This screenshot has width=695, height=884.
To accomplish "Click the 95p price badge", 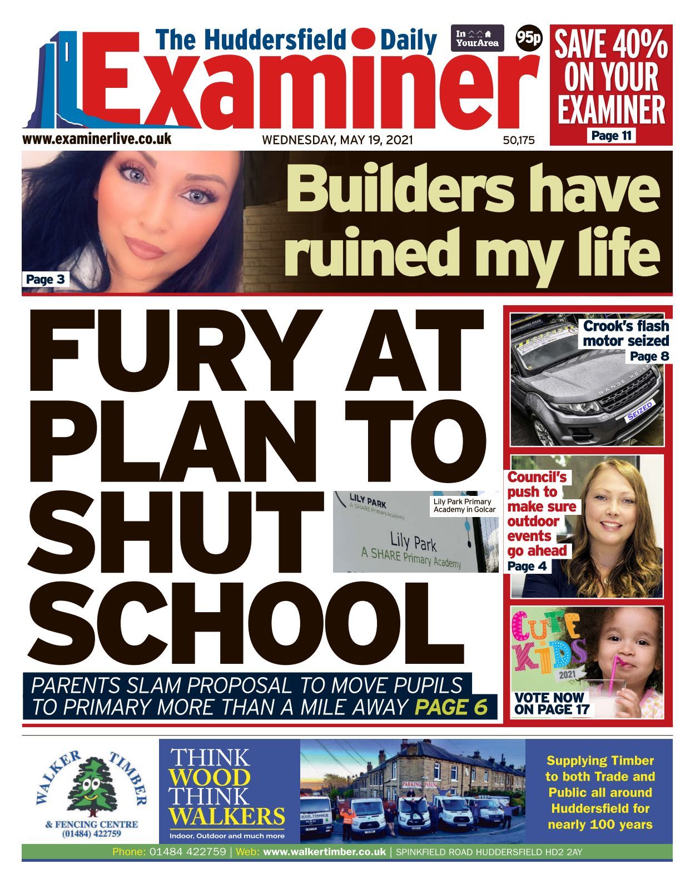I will point(529,38).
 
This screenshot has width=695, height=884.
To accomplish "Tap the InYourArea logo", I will point(477,38).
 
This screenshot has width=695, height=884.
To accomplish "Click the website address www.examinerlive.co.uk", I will point(97,138).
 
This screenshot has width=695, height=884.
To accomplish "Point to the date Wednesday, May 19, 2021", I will point(337,140).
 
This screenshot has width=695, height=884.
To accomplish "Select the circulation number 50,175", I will point(519,141).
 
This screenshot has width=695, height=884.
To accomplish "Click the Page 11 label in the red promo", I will point(612,136).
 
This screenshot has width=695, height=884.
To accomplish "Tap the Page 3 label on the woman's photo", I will point(46,279).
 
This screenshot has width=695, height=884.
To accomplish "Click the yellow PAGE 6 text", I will point(451,707).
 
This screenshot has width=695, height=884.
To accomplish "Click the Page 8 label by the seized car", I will point(649,356).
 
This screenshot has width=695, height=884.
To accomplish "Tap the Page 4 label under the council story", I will point(527,566).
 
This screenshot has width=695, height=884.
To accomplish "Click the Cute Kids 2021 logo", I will point(548,645).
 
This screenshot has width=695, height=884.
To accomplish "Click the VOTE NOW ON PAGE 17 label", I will point(550,703).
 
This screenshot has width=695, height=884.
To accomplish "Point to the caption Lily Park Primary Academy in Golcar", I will point(464,505).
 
